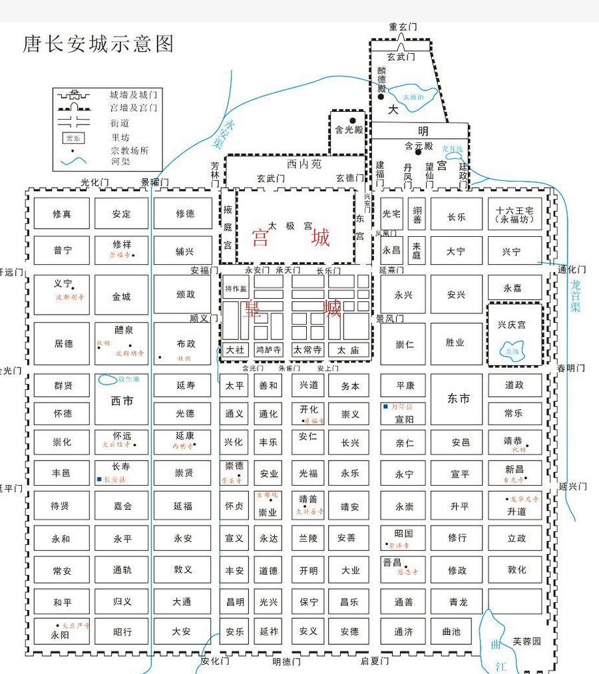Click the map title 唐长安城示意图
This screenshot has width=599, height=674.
point(99,44)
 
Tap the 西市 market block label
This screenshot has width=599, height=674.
point(122,401)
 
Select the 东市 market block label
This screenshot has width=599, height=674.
point(458,399)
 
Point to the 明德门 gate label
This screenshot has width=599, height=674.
point(286,662)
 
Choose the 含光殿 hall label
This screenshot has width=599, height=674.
point(349,130)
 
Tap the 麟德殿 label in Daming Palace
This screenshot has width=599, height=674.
point(381,79)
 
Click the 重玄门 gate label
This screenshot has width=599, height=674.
point(403,27)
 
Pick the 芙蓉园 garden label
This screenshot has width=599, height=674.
point(526,642)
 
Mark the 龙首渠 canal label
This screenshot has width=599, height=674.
point(576,296)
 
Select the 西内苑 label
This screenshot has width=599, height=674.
point(303,164)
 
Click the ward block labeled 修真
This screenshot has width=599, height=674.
point(62,214)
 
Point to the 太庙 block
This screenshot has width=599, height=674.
point(347,349)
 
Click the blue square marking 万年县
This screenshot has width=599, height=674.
point(385,406)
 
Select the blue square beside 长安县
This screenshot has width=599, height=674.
point(99,479)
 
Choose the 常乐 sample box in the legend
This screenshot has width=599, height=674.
point(73,138)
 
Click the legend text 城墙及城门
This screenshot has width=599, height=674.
point(133,95)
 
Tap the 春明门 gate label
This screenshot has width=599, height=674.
point(571,368)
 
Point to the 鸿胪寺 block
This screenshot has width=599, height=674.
point(268,349)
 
